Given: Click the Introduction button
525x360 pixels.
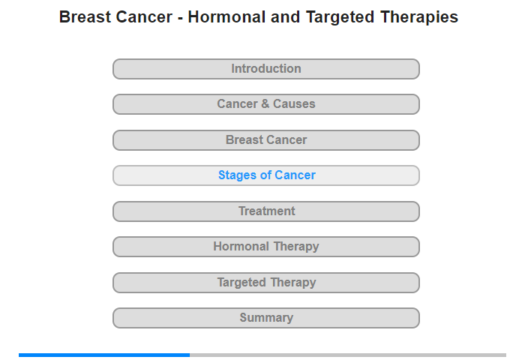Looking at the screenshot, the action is click(266, 69).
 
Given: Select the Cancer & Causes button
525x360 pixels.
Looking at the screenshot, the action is click(266, 104).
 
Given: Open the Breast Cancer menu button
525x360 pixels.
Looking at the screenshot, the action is click(266, 140).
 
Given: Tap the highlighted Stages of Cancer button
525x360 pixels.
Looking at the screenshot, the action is click(266, 175).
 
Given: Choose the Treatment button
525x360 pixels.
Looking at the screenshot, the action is click(266, 211).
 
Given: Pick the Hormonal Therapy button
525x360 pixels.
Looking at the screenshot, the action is click(266, 247).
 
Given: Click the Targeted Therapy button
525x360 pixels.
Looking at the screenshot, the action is click(266, 283).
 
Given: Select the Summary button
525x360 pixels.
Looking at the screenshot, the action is click(266, 318).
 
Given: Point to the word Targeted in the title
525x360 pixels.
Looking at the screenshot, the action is click(340, 18).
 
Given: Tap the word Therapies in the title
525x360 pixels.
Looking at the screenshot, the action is click(419, 18).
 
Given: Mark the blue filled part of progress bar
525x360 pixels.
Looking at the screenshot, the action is click(104, 355).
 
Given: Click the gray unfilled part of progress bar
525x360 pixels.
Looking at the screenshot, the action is click(348, 355).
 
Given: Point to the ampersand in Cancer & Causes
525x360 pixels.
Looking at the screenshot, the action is click(265, 103).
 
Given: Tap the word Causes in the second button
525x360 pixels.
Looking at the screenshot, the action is click(294, 103).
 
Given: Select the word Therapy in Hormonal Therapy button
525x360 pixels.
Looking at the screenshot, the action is click(296, 247).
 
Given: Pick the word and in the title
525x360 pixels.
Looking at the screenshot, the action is click(285, 17).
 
